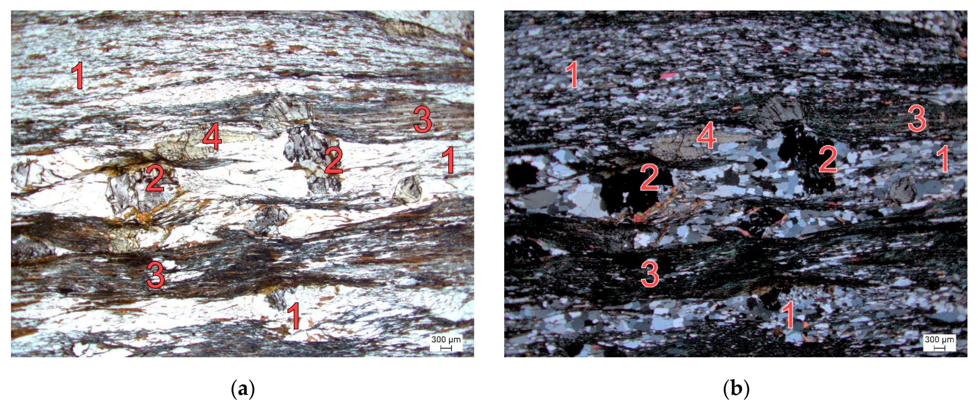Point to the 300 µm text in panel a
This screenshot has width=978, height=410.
click(446, 339)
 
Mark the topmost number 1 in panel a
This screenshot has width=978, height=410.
click(78, 76)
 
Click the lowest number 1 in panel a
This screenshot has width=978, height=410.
click(294, 316)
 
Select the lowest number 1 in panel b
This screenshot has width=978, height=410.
click(788, 315)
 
